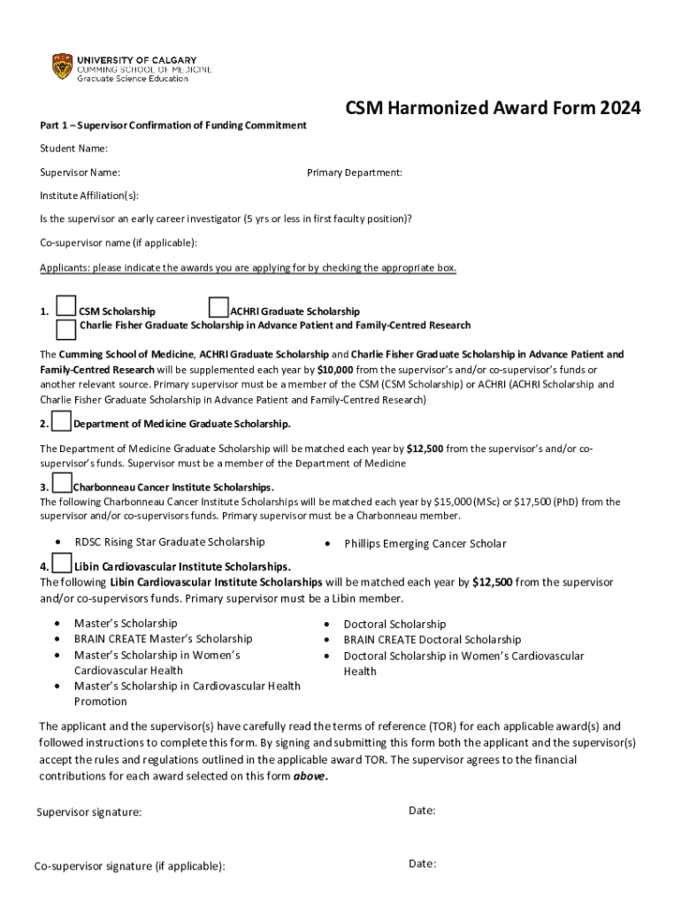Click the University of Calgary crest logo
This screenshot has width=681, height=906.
(61, 66)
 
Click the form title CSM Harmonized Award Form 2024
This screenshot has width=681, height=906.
(493, 108)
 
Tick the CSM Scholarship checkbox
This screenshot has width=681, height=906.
(65, 306)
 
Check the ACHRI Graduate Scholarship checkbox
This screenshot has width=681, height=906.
(218, 306)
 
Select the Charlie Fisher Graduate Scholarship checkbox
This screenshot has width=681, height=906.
(65, 329)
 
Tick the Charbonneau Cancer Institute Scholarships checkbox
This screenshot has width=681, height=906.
(61, 483)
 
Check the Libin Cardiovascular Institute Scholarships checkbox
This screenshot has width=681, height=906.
(61, 563)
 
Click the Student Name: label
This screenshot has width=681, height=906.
(73, 148)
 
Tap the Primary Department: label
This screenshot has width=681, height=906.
(355, 173)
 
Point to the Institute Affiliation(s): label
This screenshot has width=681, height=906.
(88, 196)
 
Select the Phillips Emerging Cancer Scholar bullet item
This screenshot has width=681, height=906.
(425, 544)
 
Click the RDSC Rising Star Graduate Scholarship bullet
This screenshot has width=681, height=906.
(169, 541)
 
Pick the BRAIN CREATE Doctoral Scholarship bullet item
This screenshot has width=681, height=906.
(432, 640)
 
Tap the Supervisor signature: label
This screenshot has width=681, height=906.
(88, 811)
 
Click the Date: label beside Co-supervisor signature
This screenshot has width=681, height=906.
(422, 864)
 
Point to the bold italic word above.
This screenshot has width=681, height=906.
(310, 776)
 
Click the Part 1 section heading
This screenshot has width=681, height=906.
(172, 125)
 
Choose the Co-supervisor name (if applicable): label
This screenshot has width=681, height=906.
(118, 242)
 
